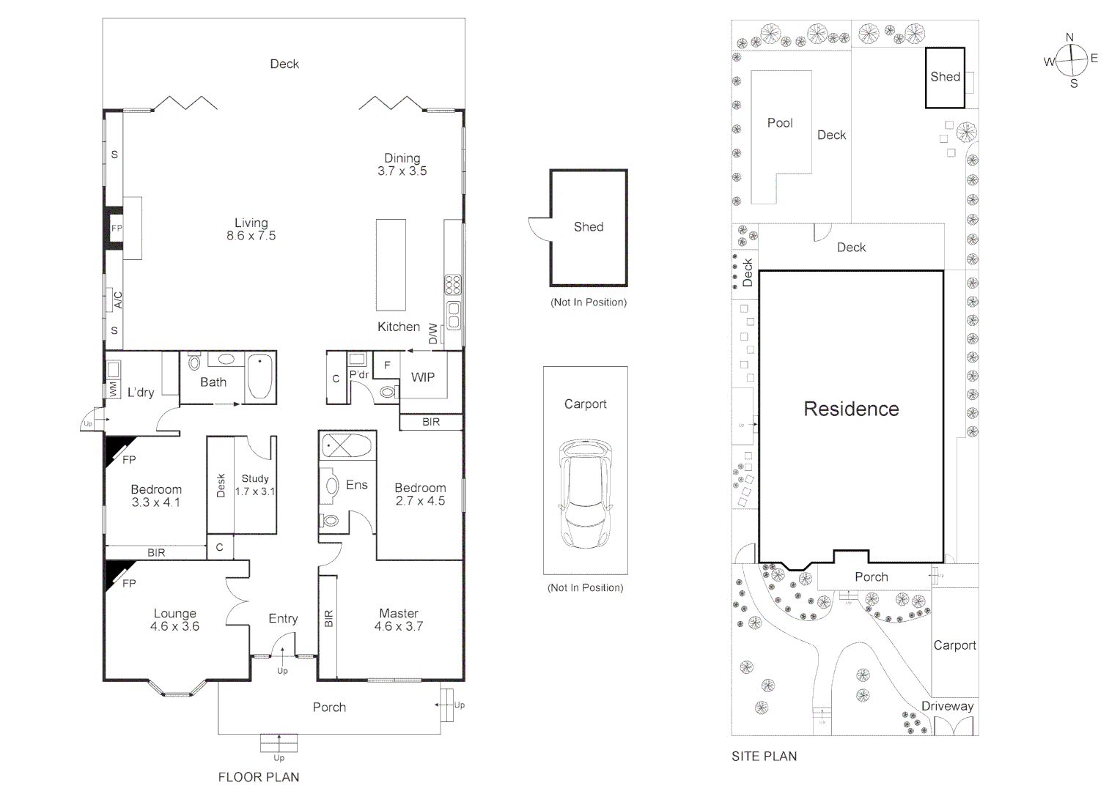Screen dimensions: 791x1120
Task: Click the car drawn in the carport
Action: coord(585,494)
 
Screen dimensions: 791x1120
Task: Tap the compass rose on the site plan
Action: coord(1071,60)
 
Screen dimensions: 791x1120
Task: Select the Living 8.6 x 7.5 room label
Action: coord(251,229)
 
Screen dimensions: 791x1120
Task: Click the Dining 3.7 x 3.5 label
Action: coord(402,164)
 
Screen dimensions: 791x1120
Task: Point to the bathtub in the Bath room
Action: coord(259,376)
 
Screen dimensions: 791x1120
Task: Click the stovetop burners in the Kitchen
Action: coord(453,284)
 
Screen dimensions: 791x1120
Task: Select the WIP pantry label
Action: coord(422,377)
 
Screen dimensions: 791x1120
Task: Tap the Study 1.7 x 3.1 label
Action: coord(255,485)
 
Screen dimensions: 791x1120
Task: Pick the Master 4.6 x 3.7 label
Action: coord(398,620)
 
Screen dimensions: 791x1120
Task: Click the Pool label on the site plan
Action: coord(780,123)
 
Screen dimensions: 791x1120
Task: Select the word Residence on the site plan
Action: coord(851,409)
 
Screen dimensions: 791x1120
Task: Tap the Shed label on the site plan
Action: coord(945,76)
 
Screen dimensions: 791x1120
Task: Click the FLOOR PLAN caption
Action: coord(259,777)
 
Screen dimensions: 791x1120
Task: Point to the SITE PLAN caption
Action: coord(764,757)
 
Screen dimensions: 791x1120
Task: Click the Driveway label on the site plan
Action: coord(947,706)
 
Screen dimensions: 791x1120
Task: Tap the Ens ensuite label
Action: coord(356,485)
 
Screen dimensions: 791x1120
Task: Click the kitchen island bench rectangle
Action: coord(391,264)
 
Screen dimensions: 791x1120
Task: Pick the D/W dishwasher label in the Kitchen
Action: coord(433,333)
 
